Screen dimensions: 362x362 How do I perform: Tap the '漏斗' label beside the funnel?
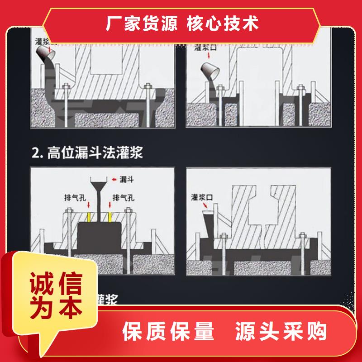click(x=126, y=180)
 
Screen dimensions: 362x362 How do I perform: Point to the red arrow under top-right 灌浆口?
click(x=209, y=55)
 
